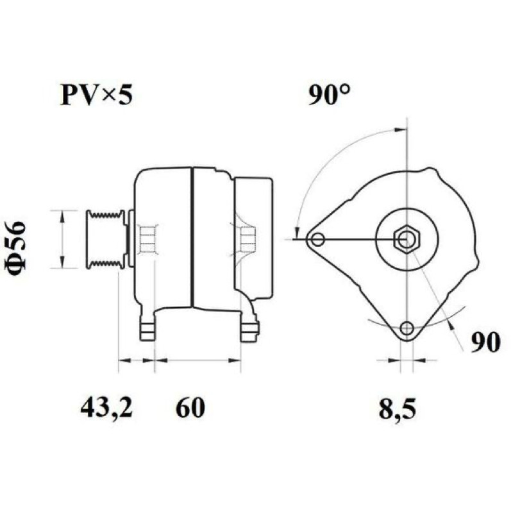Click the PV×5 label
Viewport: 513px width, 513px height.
pyautogui.click(x=97, y=95)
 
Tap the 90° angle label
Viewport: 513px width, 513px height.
pyautogui.click(x=329, y=94)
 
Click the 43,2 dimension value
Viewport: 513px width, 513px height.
pyautogui.click(x=106, y=408)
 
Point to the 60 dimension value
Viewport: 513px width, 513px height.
pyautogui.click(x=190, y=408)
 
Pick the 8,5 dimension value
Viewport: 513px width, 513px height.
pyautogui.click(x=398, y=409)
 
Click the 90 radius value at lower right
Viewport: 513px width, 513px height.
pyautogui.click(x=485, y=342)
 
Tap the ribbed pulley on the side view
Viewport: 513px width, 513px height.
pyautogui.click(x=106, y=239)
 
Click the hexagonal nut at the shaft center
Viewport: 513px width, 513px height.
pyautogui.click(x=407, y=239)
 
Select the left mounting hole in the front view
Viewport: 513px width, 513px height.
pyautogui.click(x=317, y=239)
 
